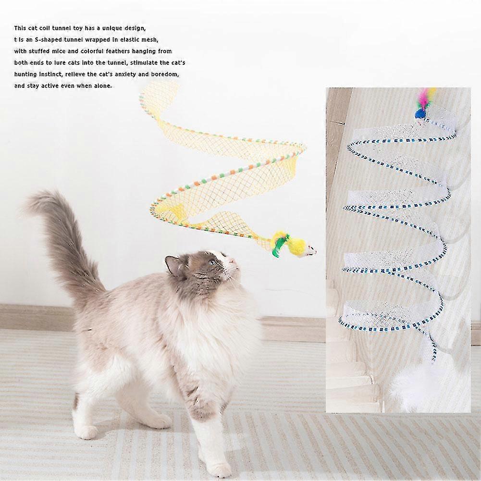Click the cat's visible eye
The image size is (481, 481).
(x=212, y=263)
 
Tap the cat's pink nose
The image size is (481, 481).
(x=234, y=261)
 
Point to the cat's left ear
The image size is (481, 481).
(x=171, y=265)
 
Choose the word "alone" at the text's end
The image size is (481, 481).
(x=102, y=86)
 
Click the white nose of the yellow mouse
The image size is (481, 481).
(x=311, y=251)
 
